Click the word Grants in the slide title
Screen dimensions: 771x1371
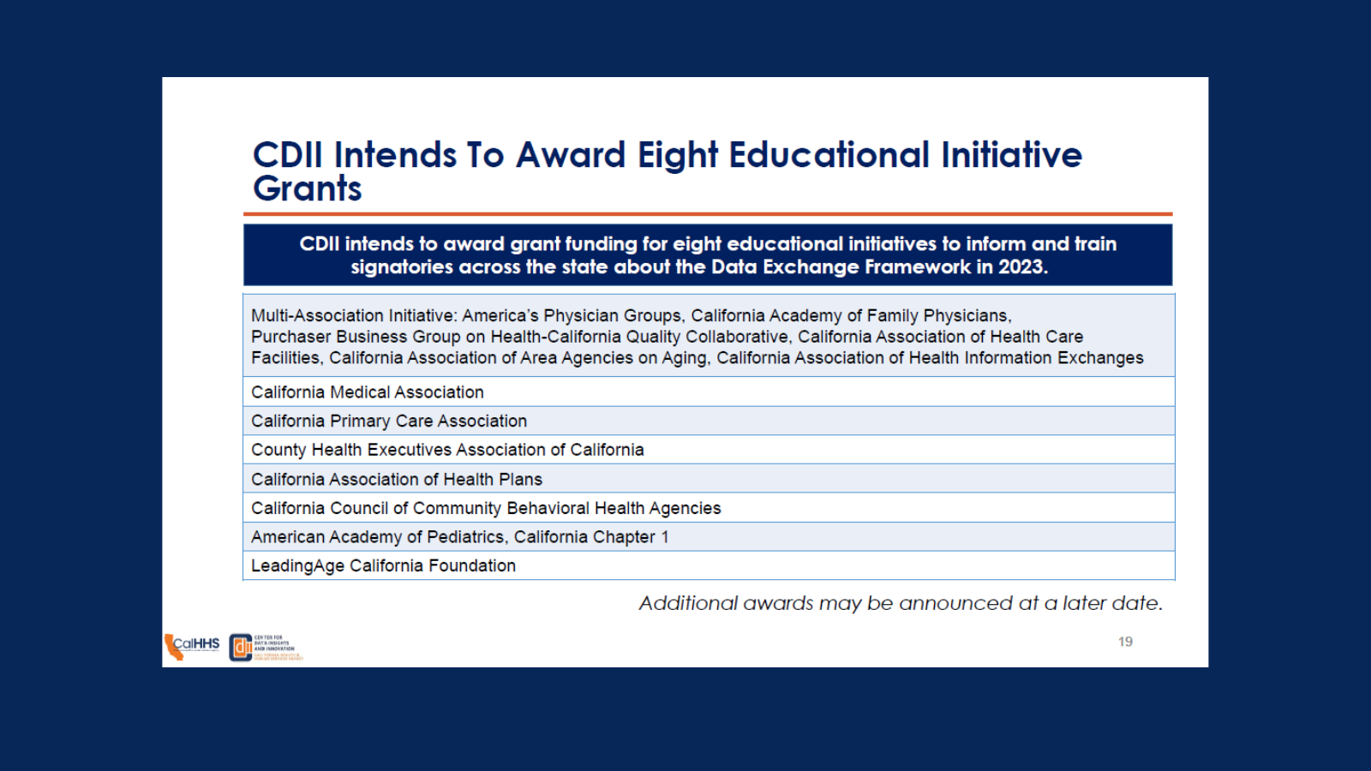[307, 189]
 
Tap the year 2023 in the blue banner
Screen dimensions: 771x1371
[1021, 267]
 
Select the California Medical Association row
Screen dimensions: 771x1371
[368, 392]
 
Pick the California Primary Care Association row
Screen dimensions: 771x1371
[389, 421]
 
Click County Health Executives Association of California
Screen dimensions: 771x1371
[447, 450]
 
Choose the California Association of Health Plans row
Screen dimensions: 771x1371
[397, 480]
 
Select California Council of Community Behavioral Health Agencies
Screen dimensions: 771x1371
[486, 509]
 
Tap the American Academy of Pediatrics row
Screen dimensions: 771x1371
[459, 537]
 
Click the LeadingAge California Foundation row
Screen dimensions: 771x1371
[383, 566]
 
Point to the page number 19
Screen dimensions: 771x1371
[1125, 642]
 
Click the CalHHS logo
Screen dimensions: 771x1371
[192, 647]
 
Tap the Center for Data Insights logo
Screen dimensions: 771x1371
[266, 648]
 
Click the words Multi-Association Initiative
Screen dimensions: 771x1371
[353, 316]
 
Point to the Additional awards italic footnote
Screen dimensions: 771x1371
[901, 603]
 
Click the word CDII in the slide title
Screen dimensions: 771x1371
[287, 155]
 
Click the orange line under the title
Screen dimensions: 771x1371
[708, 214]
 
